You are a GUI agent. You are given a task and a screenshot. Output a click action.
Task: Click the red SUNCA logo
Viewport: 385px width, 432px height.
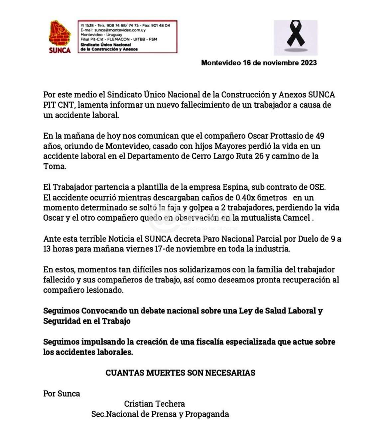click(60, 37)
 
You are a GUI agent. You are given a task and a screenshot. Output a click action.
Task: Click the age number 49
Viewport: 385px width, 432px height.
click(320, 136)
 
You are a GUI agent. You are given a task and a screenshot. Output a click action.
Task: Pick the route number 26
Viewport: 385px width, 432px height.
click(259, 156)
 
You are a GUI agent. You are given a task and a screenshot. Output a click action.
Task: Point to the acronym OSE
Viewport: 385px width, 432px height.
click(317, 187)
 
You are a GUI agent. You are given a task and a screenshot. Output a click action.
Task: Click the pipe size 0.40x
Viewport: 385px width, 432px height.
click(245, 198)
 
